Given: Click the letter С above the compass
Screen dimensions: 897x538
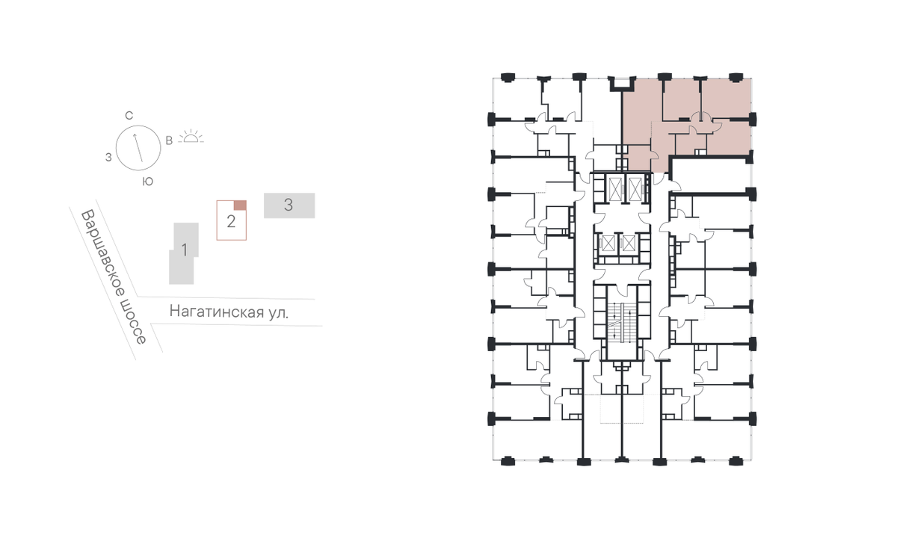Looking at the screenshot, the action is tap(129, 116).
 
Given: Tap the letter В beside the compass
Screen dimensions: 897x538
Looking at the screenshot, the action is tap(169, 140).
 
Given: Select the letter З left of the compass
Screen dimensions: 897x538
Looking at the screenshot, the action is tap(108, 158).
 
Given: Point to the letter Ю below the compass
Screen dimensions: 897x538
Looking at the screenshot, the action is tap(148, 182).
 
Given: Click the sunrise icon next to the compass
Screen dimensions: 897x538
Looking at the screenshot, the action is tap(191, 137).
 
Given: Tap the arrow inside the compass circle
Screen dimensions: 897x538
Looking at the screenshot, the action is tap(138, 148).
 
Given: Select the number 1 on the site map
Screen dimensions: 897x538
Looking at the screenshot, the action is tap(184, 250).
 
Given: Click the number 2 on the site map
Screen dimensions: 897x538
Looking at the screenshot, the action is tap(231, 221).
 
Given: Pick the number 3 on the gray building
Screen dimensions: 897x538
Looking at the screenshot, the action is tap(289, 205).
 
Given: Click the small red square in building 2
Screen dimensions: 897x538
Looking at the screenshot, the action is tap(240, 205).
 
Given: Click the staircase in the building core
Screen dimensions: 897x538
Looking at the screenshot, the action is tap(621, 322).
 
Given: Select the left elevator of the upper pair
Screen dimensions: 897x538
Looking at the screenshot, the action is tap(614, 188).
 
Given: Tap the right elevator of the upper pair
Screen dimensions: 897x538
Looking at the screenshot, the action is tap(635, 188).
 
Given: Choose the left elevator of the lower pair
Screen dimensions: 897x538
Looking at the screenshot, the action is tap(608, 244).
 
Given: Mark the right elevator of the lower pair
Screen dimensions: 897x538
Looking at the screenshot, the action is tap(629, 244).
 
